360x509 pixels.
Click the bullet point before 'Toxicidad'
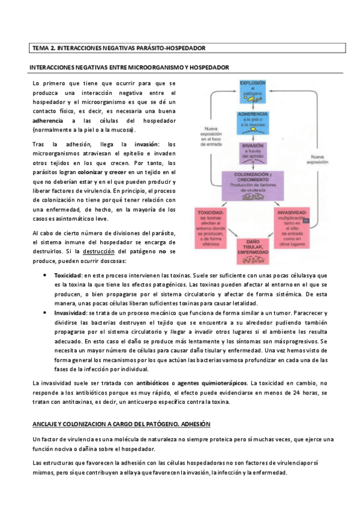click(46, 274)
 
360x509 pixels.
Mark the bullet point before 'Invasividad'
click(46, 313)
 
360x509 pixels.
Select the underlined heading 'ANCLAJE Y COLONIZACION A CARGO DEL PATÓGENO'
click(120, 424)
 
